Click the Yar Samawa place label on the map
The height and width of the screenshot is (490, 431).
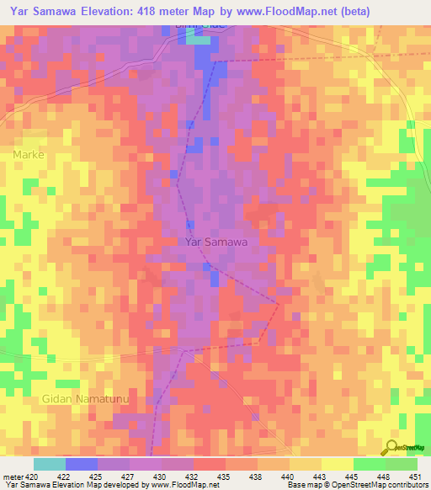click(x=215, y=242)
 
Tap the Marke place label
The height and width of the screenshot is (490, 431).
click(x=28, y=155)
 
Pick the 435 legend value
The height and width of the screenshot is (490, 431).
click(x=225, y=477)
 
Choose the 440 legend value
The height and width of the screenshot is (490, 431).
click(x=288, y=477)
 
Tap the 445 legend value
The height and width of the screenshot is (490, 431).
click(x=352, y=477)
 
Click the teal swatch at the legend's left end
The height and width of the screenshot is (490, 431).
click(x=50, y=464)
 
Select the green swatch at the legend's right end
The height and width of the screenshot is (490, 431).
click(x=401, y=464)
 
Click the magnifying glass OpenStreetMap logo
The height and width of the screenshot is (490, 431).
click(x=391, y=447)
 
